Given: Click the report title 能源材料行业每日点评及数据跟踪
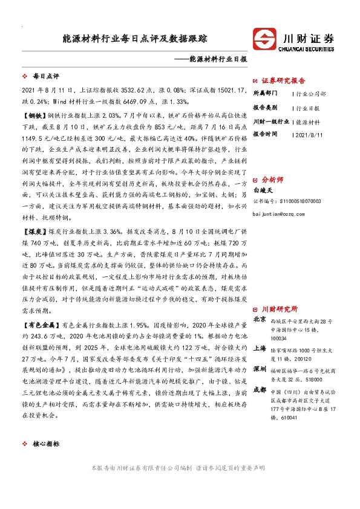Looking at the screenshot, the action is pyautogui.click(x=134, y=38).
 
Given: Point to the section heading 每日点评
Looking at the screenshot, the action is pyautogui.click(x=45, y=77).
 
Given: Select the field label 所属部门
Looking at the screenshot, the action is pyautogui.click(x=264, y=94).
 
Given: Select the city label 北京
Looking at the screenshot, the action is pyautogui.click(x=260, y=319).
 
